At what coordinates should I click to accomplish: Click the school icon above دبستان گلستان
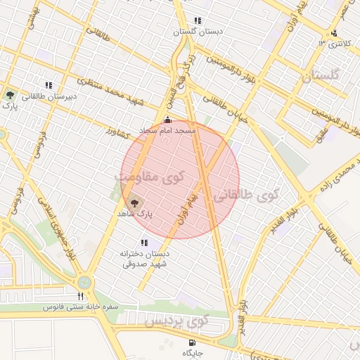197,20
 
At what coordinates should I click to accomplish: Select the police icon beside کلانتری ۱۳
334,32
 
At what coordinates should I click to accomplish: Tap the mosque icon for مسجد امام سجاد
166,120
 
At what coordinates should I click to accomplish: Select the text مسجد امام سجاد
167,130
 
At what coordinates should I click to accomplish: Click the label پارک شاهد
135,213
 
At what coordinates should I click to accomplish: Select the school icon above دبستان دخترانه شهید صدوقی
144,243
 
